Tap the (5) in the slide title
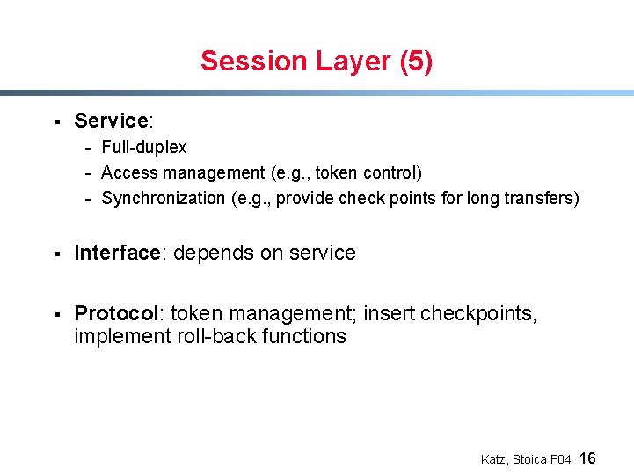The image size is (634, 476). click(416, 61)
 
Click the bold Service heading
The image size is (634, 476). click(110, 121)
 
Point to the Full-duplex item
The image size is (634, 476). click(143, 147)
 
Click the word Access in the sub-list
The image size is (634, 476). click(128, 172)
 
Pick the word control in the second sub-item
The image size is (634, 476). click(393, 172)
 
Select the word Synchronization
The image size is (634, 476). click(163, 198)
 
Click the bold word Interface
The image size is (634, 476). click(116, 253)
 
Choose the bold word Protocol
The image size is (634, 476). click(115, 313)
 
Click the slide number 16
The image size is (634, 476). click(588, 458)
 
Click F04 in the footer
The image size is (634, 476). click(560, 459)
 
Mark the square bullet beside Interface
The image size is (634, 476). click(56, 254)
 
